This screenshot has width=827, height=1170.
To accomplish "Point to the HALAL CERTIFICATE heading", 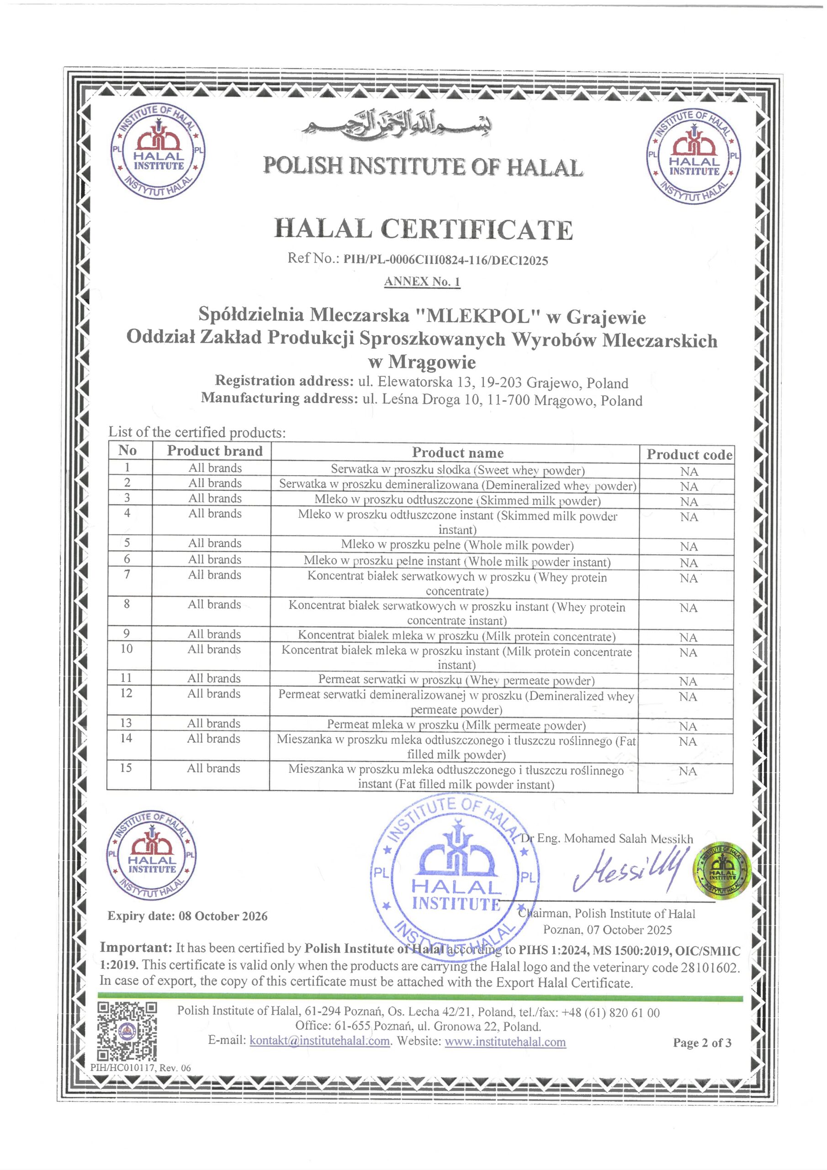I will pyautogui.click(x=424, y=229).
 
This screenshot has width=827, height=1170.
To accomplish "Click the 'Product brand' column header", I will pyautogui.click(x=215, y=451).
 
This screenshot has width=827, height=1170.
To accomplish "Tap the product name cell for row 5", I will pyautogui.click(x=457, y=545).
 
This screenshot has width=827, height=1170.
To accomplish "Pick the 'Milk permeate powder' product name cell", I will pyautogui.click(x=456, y=725).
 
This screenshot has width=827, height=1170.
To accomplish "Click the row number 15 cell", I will pyautogui.click(x=127, y=768).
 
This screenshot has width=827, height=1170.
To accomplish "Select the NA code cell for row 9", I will pyautogui.click(x=688, y=638).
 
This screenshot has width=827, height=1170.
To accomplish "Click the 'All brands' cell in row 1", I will pyautogui.click(x=215, y=468).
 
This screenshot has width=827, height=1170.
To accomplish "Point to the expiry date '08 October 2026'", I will pyautogui.click(x=223, y=916).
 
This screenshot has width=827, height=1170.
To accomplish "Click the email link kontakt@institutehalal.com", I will pyautogui.click(x=319, y=1041).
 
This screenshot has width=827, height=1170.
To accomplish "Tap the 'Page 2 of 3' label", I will pyautogui.click(x=702, y=1042).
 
